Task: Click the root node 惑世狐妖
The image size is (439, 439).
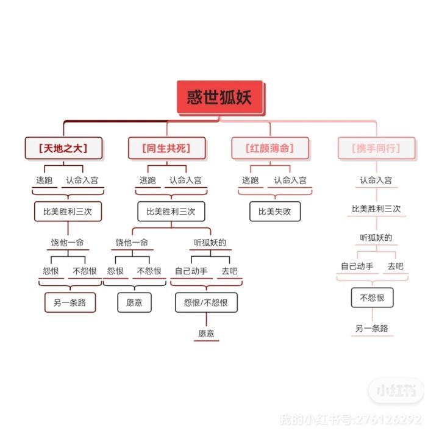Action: click(x=220, y=98)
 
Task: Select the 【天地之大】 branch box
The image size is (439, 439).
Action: click(x=63, y=148)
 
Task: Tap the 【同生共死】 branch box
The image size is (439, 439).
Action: click(x=166, y=148)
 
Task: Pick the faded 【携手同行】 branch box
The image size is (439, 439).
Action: click(x=376, y=148)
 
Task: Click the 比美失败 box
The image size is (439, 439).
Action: click(x=275, y=212)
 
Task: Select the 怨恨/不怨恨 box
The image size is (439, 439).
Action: click(x=206, y=302)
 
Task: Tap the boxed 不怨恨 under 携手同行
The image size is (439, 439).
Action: click(x=372, y=298)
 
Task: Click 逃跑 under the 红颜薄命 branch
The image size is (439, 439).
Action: click(x=251, y=180)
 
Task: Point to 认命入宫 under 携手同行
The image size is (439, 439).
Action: click(x=376, y=180)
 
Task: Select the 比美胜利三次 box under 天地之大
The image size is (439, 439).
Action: click(x=68, y=212)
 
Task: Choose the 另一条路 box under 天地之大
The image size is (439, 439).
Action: click(x=70, y=302)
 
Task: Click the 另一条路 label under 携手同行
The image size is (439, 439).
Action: click(x=372, y=329)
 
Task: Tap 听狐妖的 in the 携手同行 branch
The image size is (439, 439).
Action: click(x=376, y=237)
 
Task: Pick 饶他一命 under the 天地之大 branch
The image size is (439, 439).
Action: click(x=67, y=243)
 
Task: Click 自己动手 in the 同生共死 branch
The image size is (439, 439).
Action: click(x=191, y=271)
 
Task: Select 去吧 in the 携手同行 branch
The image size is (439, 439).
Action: click(x=395, y=266)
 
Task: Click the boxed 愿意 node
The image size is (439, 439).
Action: click(x=134, y=302)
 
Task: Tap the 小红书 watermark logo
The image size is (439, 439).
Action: click(x=396, y=391)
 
